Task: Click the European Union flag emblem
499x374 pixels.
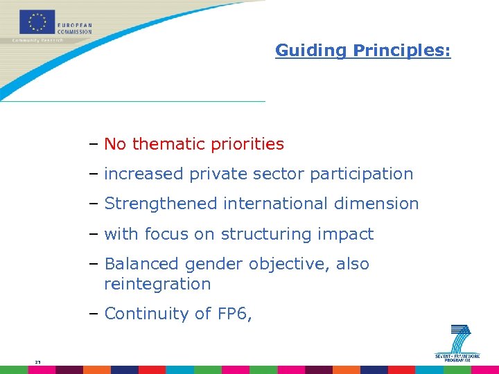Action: coord(37,21)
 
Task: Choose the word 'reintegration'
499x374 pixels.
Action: coord(157,284)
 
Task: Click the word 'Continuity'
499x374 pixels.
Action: coord(147,314)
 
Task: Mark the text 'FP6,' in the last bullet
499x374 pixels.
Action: coord(234,314)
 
